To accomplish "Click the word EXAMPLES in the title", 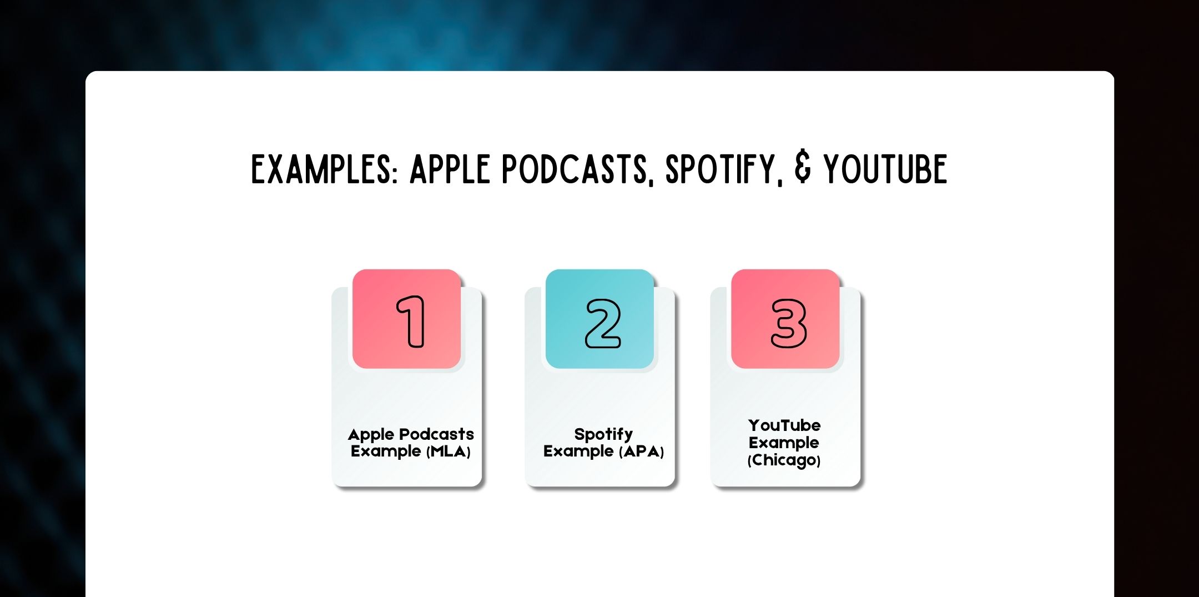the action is (325, 169).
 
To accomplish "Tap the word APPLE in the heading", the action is (450, 169).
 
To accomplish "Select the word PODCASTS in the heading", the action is (575, 169).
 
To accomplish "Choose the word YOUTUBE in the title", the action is (885, 169).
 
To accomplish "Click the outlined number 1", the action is (411, 322).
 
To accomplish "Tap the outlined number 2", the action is (603, 324).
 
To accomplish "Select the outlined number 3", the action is (789, 324).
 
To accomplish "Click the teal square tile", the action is (599, 319).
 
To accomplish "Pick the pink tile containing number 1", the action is (406, 319).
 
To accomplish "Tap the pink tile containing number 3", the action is (785, 319).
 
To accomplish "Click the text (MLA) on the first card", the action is (449, 451).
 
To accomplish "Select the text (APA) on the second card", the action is (641, 451).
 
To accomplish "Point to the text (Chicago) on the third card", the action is (784, 460).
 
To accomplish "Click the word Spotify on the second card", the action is (603, 434).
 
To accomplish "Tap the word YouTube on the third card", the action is (784, 425).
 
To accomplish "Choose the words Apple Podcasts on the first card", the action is (411, 434).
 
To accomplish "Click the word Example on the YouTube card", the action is (784, 443).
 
